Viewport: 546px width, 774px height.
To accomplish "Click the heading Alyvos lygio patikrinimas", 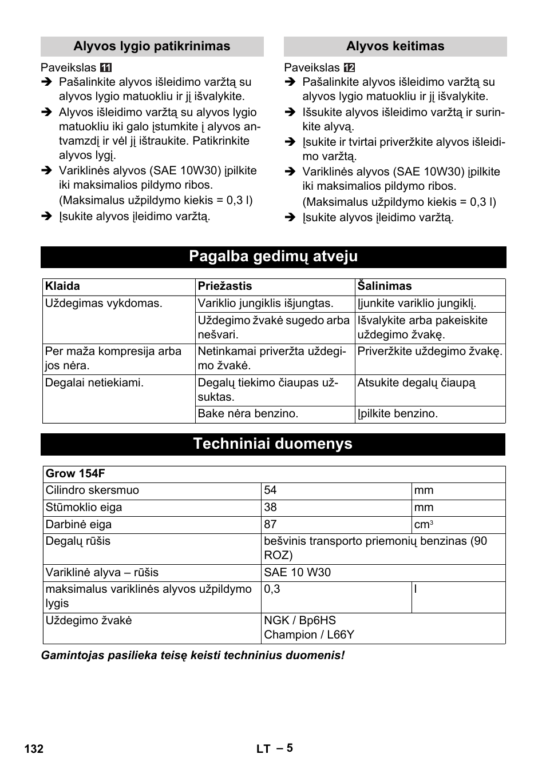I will tap(152, 46).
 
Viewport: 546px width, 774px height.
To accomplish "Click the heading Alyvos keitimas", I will tap(395, 46).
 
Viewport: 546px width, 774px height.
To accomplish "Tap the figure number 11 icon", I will tap(106, 68).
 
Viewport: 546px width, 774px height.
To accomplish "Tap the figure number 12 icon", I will tap(349, 68).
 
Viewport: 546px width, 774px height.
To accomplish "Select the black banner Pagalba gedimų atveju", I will tap(273, 257).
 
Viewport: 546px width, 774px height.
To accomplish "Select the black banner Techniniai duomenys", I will tap(272, 444).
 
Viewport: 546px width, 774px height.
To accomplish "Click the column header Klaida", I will tap(62, 286).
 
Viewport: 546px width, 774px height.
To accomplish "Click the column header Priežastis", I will tap(224, 286).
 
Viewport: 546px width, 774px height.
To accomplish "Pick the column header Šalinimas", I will tap(384, 286).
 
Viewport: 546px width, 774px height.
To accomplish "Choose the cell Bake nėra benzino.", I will tap(248, 414).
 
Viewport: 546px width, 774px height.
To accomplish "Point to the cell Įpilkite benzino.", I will tap(397, 414).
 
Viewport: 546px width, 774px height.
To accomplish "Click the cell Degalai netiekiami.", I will tap(94, 383).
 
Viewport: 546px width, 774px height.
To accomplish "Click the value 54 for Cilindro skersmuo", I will tap(270, 490).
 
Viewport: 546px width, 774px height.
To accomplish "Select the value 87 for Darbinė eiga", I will tap(270, 524).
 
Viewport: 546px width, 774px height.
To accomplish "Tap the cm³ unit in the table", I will tap(424, 525).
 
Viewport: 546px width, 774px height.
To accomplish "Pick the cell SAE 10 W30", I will tap(297, 573).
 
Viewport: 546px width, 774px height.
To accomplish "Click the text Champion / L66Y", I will tap(309, 635).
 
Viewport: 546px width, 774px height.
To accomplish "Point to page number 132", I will tap(34, 749).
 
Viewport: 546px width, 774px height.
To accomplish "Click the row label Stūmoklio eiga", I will tap(84, 508).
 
